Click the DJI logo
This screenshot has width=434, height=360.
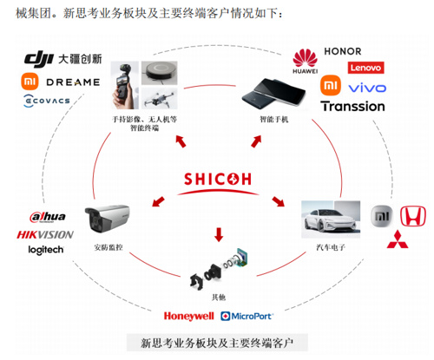[x=39, y=60]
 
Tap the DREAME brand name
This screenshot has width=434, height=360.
[x=73, y=82]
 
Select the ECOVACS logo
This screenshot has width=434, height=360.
[x=47, y=101]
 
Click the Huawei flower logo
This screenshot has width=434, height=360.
[x=305, y=58]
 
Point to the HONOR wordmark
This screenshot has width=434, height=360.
[x=343, y=51]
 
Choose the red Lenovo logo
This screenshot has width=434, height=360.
[x=365, y=68]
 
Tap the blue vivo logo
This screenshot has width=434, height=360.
[x=367, y=88]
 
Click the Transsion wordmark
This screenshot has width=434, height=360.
[x=353, y=107]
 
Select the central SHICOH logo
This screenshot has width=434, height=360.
[x=218, y=183]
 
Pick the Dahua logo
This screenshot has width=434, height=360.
[x=48, y=217]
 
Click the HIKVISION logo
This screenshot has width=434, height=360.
[x=45, y=234]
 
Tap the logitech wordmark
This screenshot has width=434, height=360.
[x=46, y=250]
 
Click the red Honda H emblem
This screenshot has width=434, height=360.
[x=413, y=216]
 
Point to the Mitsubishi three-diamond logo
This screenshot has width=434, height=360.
[x=398, y=239]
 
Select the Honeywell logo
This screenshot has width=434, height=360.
[x=189, y=317]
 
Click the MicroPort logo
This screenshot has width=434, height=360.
[x=247, y=316]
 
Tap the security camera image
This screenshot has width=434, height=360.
[x=107, y=219]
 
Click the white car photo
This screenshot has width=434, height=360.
[x=331, y=219]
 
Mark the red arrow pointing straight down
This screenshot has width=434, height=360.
[x=219, y=234]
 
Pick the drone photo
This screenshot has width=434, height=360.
[x=160, y=98]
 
